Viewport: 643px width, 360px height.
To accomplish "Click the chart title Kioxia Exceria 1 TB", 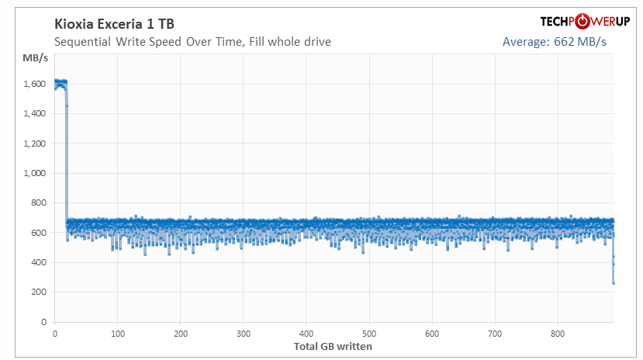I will click(115, 24).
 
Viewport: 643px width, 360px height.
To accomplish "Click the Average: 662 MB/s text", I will click(555, 41).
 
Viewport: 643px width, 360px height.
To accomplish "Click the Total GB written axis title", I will click(333, 346).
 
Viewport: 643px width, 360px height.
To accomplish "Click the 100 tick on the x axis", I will click(118, 334).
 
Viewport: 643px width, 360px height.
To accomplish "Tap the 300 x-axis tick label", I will click(244, 334).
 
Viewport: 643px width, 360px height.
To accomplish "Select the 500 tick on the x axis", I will click(369, 334).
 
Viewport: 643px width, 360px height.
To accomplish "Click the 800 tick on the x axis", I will click(558, 334).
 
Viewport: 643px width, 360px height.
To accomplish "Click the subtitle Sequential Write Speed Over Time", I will click(193, 41).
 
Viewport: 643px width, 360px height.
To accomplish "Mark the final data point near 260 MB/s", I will click(614, 283).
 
